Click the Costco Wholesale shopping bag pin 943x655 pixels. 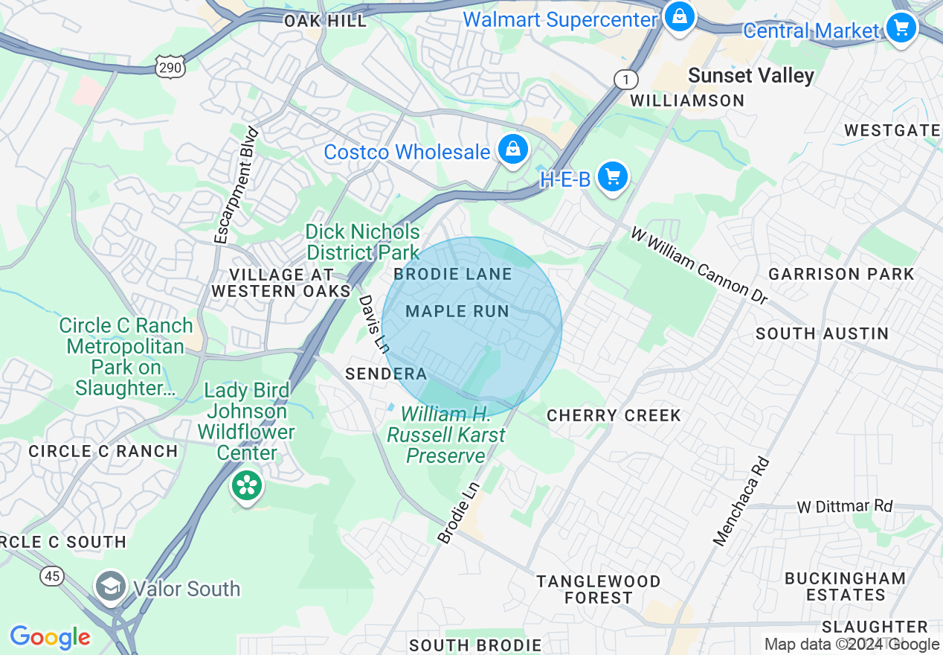[x=512, y=150]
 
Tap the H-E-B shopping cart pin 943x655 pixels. [x=612, y=177]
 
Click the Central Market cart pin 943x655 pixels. [x=901, y=28]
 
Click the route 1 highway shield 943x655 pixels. [x=626, y=79]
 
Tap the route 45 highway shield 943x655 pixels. [x=52, y=575]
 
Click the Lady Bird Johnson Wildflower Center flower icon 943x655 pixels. [x=246, y=486]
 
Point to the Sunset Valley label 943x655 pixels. [x=750, y=75]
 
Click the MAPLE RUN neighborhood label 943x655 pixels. [x=457, y=311]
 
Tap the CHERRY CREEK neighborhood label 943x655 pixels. [x=614, y=415]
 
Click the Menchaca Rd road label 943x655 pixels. [x=741, y=501]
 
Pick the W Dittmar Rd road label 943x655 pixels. [x=844, y=506]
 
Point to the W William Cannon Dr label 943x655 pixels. [x=698, y=266]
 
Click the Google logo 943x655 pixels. [x=50, y=637]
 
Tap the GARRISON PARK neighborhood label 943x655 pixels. [x=841, y=274]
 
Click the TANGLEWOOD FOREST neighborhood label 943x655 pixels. [x=598, y=589]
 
